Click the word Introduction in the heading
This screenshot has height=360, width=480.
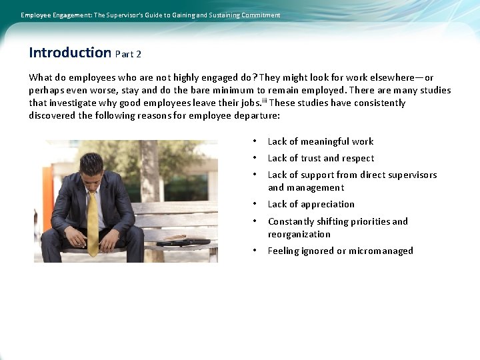[69, 52]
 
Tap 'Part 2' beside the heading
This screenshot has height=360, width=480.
[128, 54]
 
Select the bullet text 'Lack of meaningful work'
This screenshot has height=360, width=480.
[320, 141]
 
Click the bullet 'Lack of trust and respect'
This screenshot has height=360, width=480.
[321, 158]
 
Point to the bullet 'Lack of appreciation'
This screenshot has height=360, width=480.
[311, 204]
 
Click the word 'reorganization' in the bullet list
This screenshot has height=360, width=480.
[299, 234]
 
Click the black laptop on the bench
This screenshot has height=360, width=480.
[183, 242]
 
